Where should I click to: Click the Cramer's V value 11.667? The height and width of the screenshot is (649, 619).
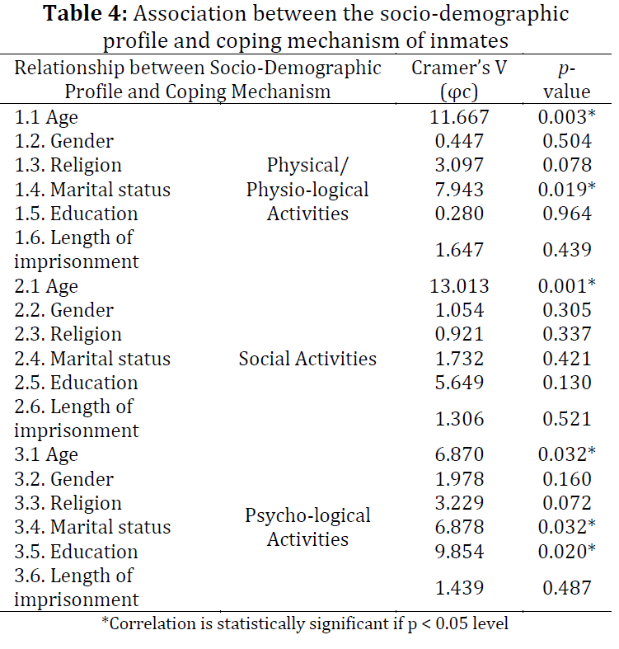(x=459, y=117)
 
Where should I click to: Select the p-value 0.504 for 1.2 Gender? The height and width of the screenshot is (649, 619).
(x=567, y=141)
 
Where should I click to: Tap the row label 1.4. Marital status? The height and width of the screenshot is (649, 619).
(x=92, y=190)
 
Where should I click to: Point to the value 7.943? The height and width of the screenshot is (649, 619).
(x=459, y=190)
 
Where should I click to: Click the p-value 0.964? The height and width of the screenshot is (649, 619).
(x=567, y=214)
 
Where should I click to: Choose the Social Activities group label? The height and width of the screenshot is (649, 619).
(x=307, y=359)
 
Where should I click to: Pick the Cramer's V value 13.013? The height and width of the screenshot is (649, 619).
(x=459, y=286)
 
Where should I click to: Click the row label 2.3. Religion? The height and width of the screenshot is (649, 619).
(x=68, y=334)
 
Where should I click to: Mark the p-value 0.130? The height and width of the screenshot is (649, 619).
(x=567, y=383)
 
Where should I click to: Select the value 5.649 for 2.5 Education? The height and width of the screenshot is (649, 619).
(x=459, y=383)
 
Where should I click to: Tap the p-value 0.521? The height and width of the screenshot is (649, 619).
(x=567, y=418)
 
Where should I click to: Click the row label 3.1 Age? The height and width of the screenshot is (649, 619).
(x=46, y=455)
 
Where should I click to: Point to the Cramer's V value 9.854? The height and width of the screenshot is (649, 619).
(x=459, y=552)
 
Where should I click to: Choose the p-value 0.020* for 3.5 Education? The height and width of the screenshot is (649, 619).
(x=567, y=552)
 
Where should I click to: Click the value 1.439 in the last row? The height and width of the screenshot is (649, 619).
(x=459, y=587)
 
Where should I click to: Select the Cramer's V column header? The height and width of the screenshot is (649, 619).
(x=459, y=79)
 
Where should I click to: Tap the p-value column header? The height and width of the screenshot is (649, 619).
(x=567, y=79)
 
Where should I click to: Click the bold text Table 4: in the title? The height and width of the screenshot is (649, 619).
(x=85, y=13)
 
